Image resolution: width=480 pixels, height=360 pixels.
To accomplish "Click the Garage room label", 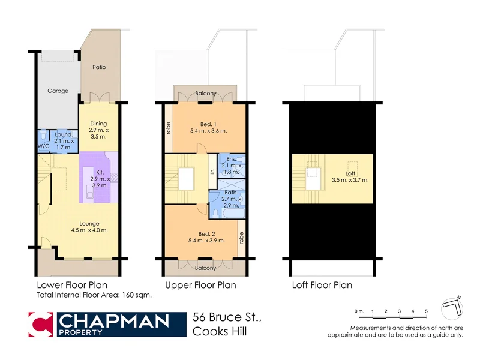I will pyautogui.click(x=58, y=91).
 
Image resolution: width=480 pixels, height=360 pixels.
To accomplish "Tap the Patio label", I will pyautogui.click(x=99, y=67).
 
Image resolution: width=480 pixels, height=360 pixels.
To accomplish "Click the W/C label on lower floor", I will pyautogui.click(x=43, y=146).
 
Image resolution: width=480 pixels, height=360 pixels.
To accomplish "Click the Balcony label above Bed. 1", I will pyautogui.click(x=206, y=94).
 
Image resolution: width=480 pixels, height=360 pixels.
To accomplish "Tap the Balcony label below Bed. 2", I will pyautogui.click(x=206, y=268).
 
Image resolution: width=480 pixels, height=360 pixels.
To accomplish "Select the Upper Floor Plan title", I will pyautogui.click(x=200, y=285).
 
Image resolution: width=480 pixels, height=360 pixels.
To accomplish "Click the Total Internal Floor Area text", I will pyautogui.click(x=94, y=295).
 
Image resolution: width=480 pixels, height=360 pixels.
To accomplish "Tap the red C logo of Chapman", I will pyautogui.click(x=41, y=325).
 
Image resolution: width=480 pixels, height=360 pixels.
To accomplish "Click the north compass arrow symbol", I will pyautogui.click(x=453, y=308).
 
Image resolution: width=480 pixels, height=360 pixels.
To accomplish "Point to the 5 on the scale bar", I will pyautogui.click(x=425, y=311).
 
